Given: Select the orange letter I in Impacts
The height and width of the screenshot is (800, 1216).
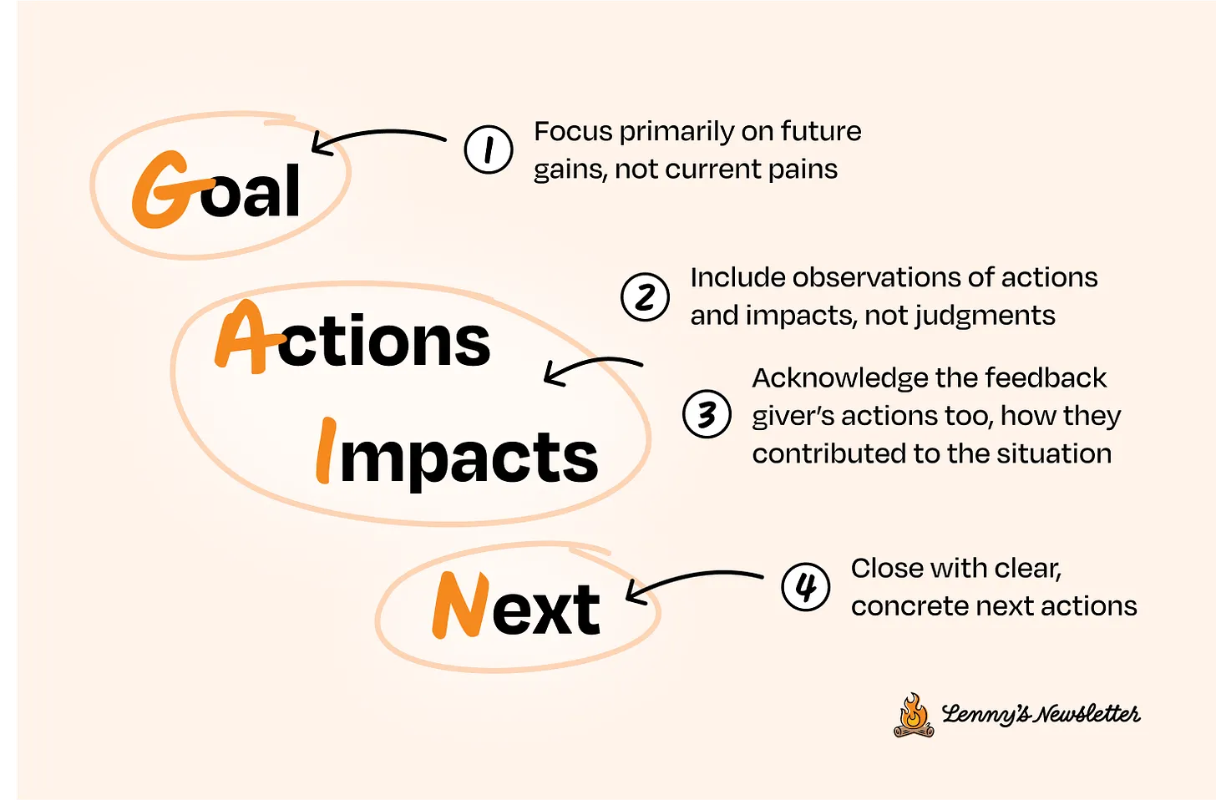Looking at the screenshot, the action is pos(326,450).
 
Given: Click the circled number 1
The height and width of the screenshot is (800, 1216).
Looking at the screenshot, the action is pos(489,149).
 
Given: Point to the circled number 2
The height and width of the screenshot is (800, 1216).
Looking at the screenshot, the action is pos(645,297).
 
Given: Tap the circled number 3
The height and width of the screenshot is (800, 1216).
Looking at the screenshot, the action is pos(707,414).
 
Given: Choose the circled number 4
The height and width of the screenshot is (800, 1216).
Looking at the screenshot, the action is pos(806,587).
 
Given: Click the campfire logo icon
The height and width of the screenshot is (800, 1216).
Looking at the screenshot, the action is pos(915,716).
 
